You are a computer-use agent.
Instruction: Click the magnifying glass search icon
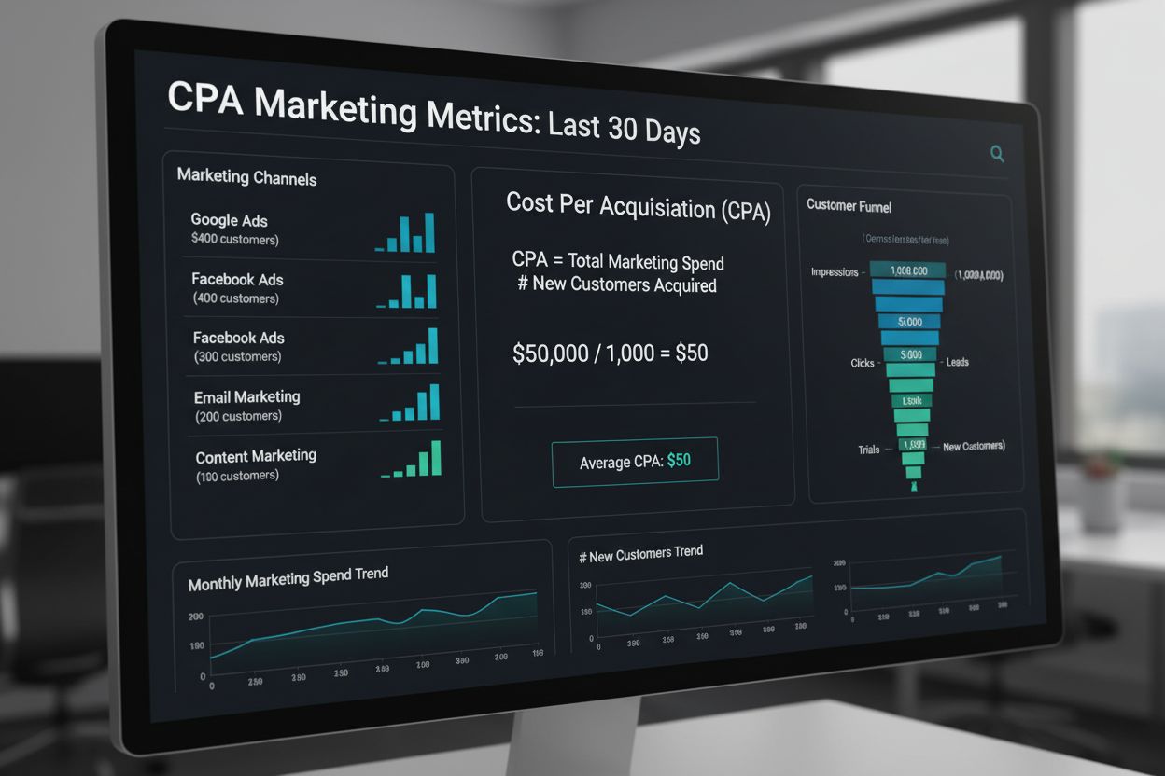[997, 154]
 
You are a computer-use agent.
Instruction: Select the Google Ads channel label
[229, 220]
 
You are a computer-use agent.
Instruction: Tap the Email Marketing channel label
[246, 396]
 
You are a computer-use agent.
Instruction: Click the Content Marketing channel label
[256, 456]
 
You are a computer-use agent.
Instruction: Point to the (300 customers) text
[237, 357]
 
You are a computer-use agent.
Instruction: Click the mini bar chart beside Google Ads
[406, 233]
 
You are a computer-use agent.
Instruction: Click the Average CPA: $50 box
[635, 462]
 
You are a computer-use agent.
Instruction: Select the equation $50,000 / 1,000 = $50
[610, 353]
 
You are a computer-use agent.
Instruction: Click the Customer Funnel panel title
[849, 205]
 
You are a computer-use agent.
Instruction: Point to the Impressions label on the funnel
[835, 272]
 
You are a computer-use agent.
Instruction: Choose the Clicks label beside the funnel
[863, 363]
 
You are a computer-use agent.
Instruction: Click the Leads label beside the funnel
[957, 362]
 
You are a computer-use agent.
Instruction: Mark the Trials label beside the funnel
[868, 450]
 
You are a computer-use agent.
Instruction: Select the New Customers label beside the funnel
[974, 447]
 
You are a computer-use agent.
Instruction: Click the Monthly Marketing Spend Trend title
[288, 578]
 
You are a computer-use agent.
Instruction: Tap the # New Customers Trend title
[640, 554]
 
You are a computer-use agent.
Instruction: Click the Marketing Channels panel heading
[246, 177]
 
